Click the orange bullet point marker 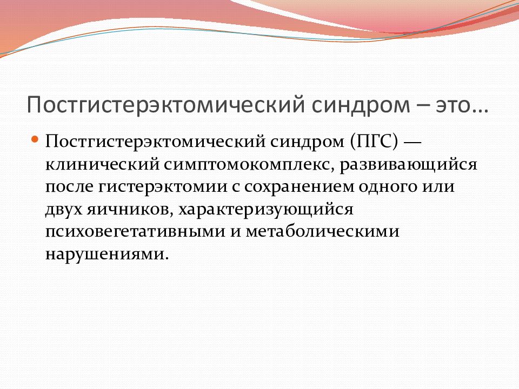point(35,139)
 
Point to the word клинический point(102,164)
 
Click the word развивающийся point(409,165)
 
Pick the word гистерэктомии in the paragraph point(163,187)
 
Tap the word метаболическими point(322,231)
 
